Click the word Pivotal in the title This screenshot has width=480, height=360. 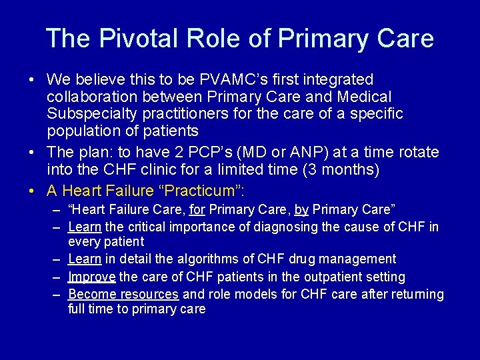click(x=126, y=38)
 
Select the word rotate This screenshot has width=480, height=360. click(x=417, y=152)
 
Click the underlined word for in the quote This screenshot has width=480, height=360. click(x=197, y=210)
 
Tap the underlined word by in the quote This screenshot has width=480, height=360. click(x=301, y=210)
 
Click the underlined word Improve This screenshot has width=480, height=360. click(x=92, y=277)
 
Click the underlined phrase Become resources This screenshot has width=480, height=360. click(x=123, y=294)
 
